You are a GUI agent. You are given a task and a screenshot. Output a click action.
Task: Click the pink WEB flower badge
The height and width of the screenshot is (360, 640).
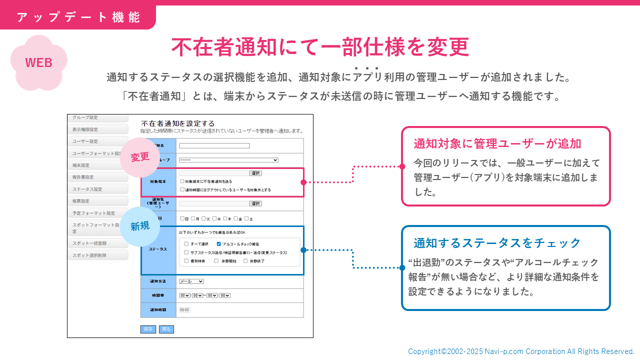click(38, 63)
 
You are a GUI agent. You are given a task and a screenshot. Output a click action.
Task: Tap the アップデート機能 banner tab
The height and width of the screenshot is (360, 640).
click(78, 17)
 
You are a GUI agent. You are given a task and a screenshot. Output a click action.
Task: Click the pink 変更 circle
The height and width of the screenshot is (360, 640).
click(140, 157)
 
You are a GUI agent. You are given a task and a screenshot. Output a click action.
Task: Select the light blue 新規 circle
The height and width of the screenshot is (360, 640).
click(140, 226)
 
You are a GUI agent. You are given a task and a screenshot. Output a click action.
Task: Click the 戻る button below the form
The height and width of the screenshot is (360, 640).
click(166, 329)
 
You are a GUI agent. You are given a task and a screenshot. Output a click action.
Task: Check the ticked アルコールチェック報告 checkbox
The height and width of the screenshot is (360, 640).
click(219, 244)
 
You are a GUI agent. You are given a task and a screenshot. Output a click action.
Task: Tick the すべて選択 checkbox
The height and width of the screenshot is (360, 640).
click(186, 244)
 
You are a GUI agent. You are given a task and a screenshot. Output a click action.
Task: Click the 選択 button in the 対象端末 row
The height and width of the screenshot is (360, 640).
click(255, 173)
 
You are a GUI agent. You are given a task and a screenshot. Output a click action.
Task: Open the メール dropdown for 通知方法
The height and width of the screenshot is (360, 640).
click(191, 281)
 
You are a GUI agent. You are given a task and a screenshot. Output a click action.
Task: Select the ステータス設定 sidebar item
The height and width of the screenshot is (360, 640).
click(97, 189)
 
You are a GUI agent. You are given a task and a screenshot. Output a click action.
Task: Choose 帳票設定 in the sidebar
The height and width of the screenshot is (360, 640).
click(97, 201)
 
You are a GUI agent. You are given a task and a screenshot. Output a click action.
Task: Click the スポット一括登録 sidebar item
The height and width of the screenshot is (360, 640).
click(97, 243)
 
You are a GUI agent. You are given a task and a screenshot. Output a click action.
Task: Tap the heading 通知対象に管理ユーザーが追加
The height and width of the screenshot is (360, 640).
click(497, 143)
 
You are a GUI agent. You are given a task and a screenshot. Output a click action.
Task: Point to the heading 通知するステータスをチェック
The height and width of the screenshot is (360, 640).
click(497, 243)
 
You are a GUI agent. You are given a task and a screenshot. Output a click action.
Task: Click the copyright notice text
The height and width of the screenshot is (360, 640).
click(521, 351)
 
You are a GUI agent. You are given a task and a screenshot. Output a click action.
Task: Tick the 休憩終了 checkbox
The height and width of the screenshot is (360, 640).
click(245, 261)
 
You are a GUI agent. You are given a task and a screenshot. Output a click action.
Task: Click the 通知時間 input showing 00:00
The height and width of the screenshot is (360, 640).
click(184, 310)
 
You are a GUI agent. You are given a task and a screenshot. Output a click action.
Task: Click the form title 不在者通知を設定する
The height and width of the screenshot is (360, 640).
click(178, 123)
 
